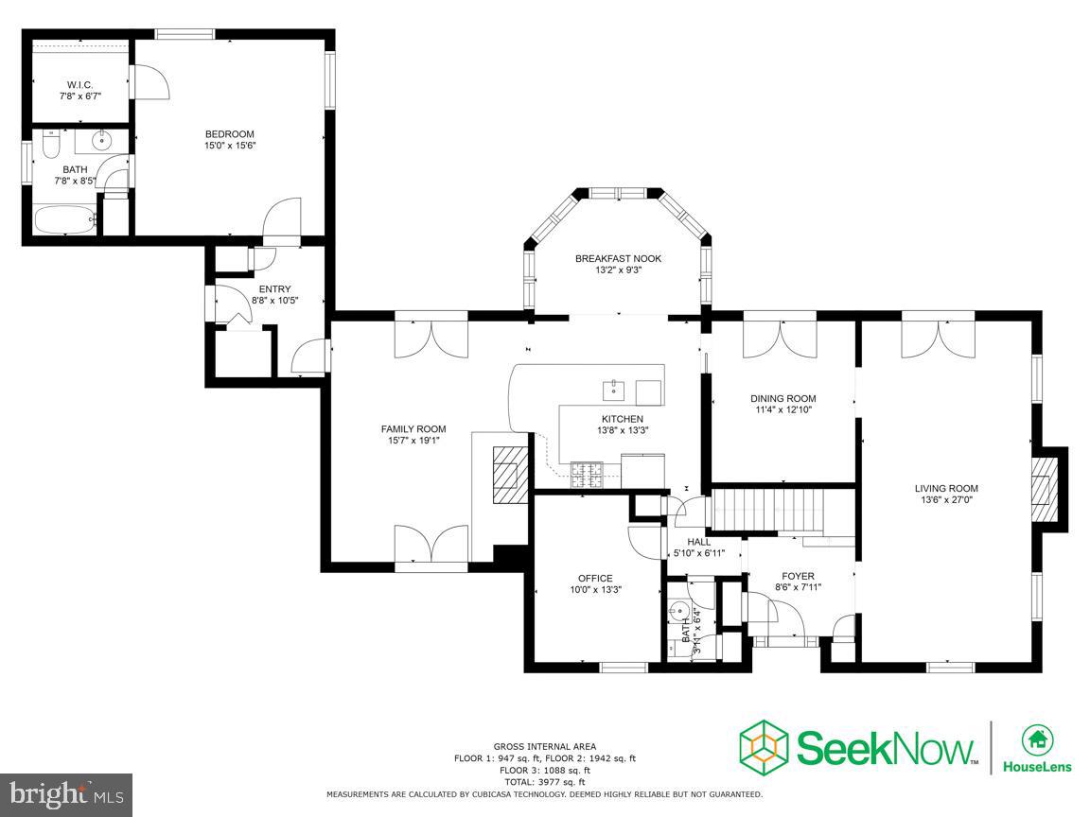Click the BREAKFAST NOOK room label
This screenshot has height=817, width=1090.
(x=618, y=258)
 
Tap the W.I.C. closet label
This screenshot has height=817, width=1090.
(x=79, y=85)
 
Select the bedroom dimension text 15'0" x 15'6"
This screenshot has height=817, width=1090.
(x=229, y=146)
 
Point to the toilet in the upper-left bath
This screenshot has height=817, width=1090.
(x=51, y=143)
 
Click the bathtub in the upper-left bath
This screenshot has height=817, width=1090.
(x=65, y=220)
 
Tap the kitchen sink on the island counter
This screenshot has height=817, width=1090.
(x=614, y=391)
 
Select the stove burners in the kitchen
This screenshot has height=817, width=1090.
(x=587, y=475)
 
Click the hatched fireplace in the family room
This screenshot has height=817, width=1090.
(x=510, y=475)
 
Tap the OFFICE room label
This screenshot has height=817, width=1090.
(x=596, y=578)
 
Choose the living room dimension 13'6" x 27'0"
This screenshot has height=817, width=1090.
(x=946, y=499)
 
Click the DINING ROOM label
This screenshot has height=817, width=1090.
(x=783, y=399)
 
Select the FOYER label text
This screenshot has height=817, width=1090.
(x=798, y=576)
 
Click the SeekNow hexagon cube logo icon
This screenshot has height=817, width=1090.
(x=764, y=748)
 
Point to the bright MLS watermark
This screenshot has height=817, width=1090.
(x=66, y=793)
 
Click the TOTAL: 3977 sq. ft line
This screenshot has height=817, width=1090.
(x=544, y=782)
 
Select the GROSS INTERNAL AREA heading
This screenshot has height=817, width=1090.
(x=545, y=747)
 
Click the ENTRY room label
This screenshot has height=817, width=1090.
(x=274, y=289)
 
